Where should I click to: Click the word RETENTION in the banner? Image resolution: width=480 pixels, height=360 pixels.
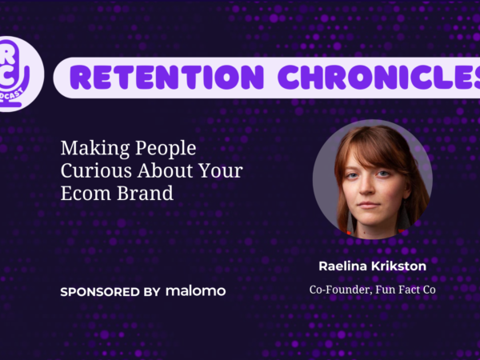click(x=166, y=77)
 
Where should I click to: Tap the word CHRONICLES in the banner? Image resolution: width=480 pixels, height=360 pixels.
click(x=379, y=77)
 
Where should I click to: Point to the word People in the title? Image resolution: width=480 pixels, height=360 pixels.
click(x=166, y=149)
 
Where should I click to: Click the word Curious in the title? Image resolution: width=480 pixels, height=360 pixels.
click(x=97, y=170)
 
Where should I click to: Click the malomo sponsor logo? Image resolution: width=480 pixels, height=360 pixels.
click(x=196, y=291)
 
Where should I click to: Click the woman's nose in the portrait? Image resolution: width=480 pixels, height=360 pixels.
click(x=366, y=186)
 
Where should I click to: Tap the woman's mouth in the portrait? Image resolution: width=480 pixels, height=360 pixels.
click(x=369, y=205)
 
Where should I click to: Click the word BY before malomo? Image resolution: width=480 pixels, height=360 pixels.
click(x=152, y=292)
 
